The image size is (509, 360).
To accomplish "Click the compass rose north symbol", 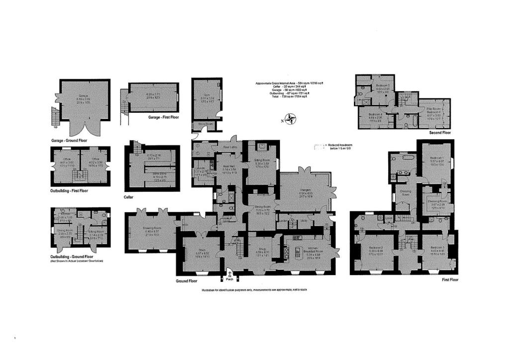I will click(290, 119).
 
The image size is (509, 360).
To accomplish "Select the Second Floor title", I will click(439, 133).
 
